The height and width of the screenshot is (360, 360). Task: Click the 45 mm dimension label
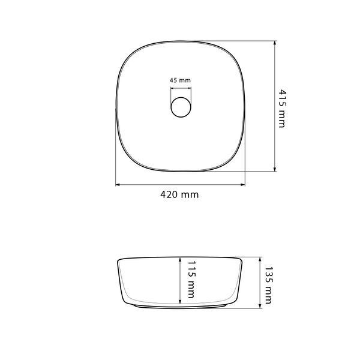180,80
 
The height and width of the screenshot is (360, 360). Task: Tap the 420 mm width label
179,194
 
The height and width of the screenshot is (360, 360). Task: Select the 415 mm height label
282,109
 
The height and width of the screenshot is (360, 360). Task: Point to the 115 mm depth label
191,279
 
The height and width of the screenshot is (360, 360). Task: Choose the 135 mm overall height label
268,285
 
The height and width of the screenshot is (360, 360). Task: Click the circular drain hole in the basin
181,107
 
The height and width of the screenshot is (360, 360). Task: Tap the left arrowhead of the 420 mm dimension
118,185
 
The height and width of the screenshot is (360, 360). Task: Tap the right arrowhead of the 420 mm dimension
242,185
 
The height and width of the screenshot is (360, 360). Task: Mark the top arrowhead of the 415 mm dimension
275,43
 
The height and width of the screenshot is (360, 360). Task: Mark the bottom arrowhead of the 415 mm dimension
275,169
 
